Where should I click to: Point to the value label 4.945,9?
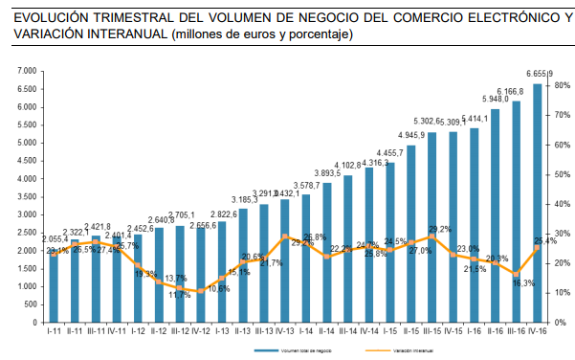point(409,135)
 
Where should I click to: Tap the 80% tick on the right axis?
point(561,86)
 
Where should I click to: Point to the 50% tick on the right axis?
point(561,175)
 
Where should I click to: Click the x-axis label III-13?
point(264,330)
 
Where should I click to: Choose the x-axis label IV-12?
point(201,330)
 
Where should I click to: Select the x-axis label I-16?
point(474,330)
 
